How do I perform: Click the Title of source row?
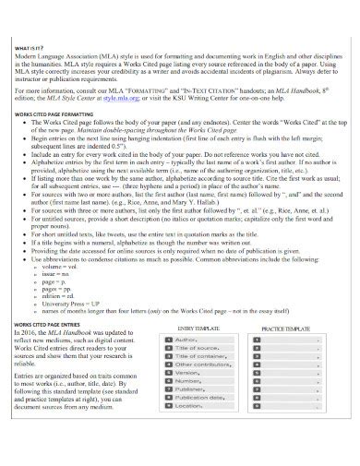pos(198,349)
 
